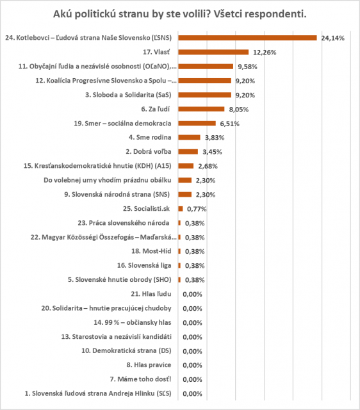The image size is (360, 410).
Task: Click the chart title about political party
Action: coord(180,14)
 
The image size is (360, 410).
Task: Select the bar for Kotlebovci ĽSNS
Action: coord(248,38)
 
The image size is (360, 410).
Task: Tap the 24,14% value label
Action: coord(333,38)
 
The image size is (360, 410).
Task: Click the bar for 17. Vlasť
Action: coord(213,53)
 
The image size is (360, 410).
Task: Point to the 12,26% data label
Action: coord(265,53)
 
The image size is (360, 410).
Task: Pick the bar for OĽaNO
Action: coord(206,67)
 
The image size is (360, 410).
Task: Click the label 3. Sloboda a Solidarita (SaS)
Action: coord(128,95)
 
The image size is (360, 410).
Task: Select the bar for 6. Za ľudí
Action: coord(201,109)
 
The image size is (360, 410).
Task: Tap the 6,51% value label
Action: coord(229,124)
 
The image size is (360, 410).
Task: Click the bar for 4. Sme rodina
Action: coord(189,138)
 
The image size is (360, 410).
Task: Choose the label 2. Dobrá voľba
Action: coord(149,152)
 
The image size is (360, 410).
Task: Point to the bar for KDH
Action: coord(186,166)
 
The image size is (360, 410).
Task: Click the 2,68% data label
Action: coord(208,167)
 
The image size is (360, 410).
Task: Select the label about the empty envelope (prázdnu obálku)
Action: coord(108,180)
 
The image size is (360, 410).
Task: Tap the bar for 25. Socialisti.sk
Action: coord(181,209)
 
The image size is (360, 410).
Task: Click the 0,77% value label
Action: coord(197,209)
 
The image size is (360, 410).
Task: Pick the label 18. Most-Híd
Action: coord(151,251)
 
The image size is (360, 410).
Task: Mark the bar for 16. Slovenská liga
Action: coord(179,266)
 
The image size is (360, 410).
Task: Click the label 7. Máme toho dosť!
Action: coord(141,379)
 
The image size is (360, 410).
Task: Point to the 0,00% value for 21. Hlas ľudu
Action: coord(192,295)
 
